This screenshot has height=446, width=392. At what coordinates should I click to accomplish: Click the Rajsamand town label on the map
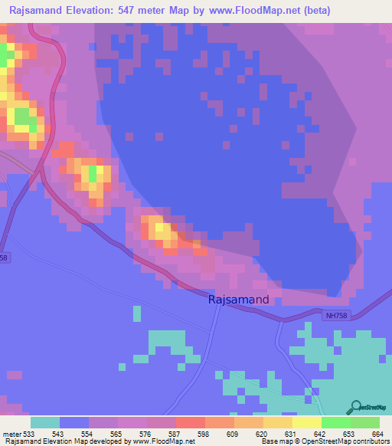click(238, 300)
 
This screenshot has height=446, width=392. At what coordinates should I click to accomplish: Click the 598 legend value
click(204, 434)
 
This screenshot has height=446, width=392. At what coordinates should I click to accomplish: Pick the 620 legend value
click(262, 434)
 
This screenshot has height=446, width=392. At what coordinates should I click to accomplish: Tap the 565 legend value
click(116, 434)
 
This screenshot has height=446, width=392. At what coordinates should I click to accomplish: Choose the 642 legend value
click(320, 434)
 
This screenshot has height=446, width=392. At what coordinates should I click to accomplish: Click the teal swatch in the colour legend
click(45, 422)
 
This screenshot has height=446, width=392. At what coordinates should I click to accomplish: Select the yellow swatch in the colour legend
click(306, 422)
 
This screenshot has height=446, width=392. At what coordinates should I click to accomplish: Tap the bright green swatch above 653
click(335, 422)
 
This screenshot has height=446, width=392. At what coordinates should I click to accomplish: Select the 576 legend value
click(145, 434)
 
